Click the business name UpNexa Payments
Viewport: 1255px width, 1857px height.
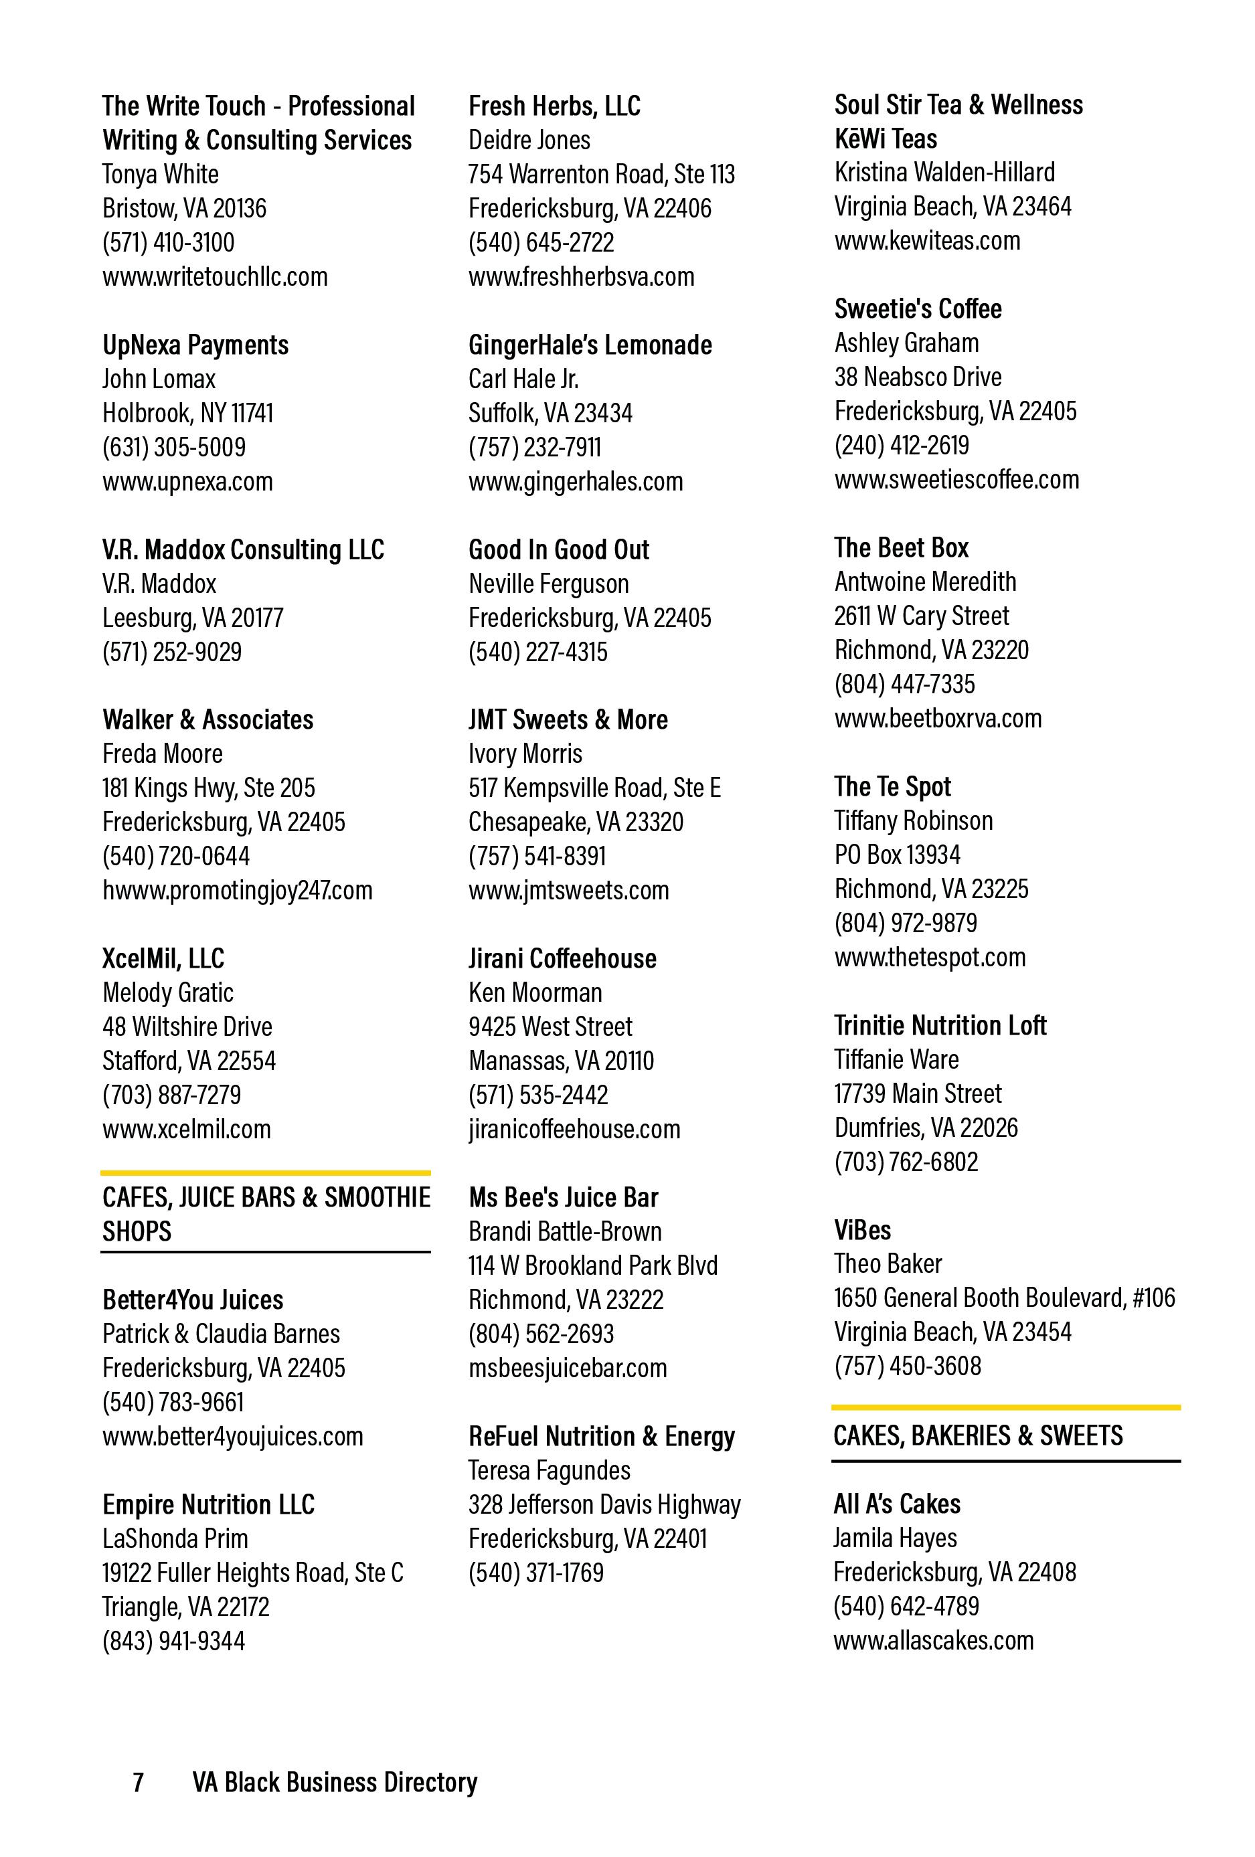(x=195, y=345)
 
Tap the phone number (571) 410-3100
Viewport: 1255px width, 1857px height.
(x=168, y=243)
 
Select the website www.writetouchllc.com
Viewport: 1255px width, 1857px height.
(x=214, y=277)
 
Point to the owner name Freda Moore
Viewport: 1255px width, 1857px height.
(x=162, y=754)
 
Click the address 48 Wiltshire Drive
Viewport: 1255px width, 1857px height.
(x=187, y=1027)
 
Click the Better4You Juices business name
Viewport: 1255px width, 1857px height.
(x=193, y=1300)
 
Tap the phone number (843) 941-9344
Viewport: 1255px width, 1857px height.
(x=173, y=1642)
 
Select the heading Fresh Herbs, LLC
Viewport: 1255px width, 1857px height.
(x=554, y=106)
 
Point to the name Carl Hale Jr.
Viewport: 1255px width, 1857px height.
(x=523, y=379)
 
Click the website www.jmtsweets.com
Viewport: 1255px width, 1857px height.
(x=568, y=890)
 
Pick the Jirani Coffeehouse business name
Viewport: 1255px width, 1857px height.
(x=562, y=959)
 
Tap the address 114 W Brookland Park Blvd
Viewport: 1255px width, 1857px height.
(x=592, y=1265)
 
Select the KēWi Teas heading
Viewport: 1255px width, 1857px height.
(x=885, y=139)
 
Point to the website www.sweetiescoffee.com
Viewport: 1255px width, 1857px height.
(x=956, y=479)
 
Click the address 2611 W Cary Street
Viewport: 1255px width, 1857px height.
(x=921, y=616)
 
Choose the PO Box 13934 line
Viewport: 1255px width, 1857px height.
(x=897, y=855)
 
